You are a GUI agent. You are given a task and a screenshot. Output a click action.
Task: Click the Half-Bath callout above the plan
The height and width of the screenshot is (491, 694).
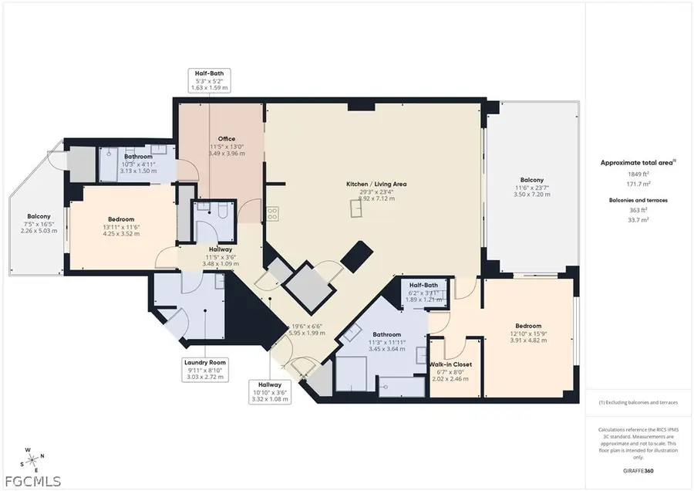(210, 80)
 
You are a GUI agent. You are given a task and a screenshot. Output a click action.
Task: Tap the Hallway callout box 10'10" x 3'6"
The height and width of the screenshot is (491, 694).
(270, 391)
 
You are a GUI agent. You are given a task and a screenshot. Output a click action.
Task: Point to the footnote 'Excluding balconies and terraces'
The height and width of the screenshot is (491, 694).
(638, 402)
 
